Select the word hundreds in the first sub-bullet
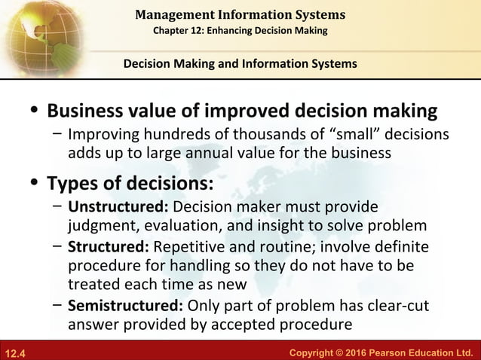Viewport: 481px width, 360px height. [x=153, y=136]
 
